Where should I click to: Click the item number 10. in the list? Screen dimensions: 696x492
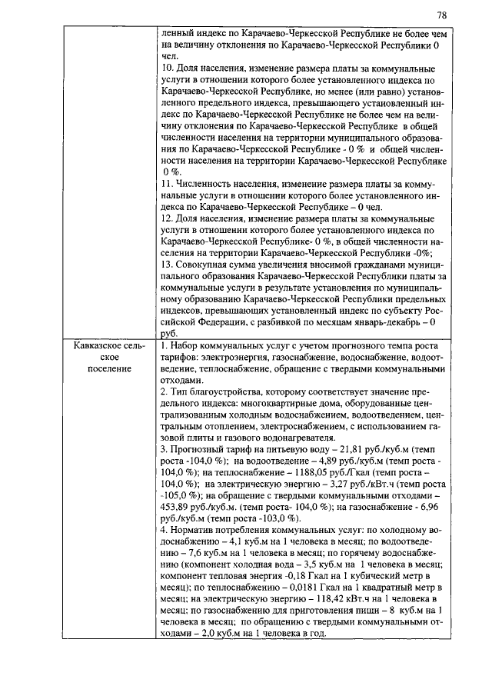coord(168,68)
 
